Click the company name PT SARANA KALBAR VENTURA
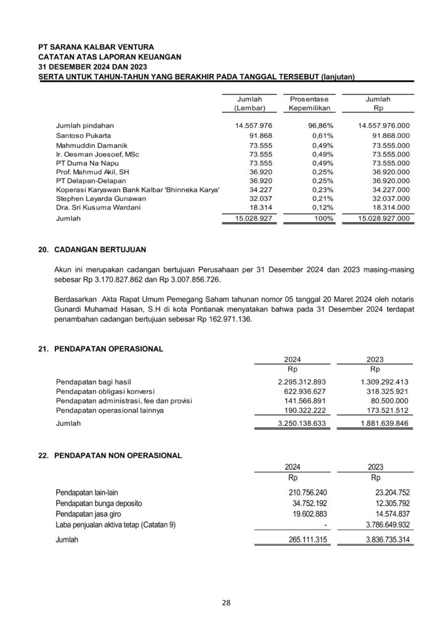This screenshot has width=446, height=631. (96, 46)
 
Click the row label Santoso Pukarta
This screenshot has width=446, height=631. (83, 135)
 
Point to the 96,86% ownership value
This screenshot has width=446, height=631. (321, 125)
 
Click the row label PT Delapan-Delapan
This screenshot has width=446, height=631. (91, 181)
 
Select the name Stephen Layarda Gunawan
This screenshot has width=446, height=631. (101, 199)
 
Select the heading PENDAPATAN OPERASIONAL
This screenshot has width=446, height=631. (108, 349)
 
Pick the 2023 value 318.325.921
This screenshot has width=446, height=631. (384, 391)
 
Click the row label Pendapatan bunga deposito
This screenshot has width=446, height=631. (99, 503)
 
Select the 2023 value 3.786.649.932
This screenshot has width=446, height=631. (383, 524)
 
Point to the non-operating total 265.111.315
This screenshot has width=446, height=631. (307, 540)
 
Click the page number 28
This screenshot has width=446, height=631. (227, 603)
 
